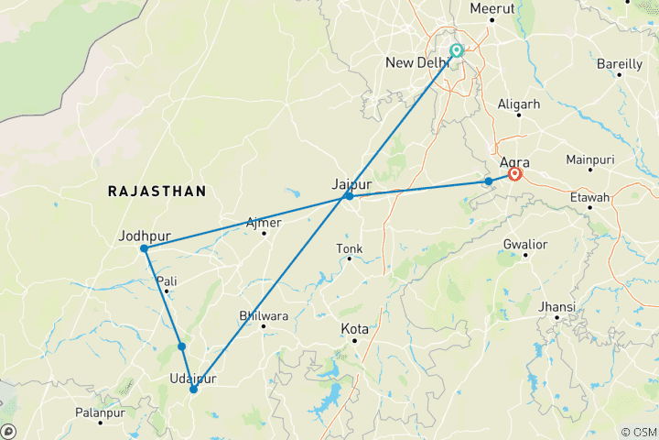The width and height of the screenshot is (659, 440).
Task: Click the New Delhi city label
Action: tap(417, 62)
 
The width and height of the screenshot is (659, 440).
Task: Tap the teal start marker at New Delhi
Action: tap(456, 51)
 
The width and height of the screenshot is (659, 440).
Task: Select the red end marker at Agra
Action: tap(515, 172)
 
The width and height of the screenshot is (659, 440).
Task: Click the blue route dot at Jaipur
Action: tap(349, 196)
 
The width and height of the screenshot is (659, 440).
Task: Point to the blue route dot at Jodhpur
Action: tap(145, 248)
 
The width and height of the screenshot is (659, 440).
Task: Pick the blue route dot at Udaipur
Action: tap(193, 390)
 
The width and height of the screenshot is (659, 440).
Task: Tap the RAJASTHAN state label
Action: tap(157, 191)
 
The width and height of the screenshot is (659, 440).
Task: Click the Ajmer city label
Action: tap(264, 222)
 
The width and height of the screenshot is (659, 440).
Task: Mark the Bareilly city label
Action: tap(619, 63)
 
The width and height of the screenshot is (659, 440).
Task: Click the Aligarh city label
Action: tap(518, 104)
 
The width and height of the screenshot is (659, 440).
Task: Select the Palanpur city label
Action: tap(100, 411)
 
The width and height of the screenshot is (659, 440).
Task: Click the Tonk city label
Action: tap(350, 247)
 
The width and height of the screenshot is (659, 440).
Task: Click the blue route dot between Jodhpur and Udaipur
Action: tap(182, 346)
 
